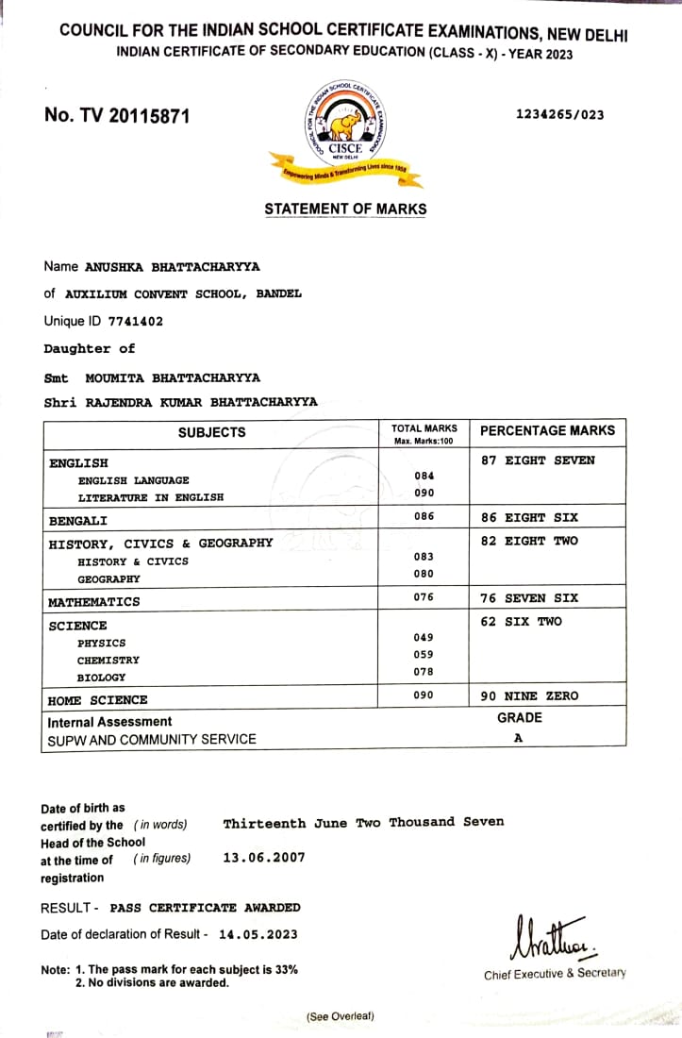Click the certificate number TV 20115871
click(x=117, y=116)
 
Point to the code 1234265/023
click(x=559, y=115)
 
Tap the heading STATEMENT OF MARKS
click(x=345, y=209)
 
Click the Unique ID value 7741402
click(x=135, y=322)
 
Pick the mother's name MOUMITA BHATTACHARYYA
click(x=173, y=377)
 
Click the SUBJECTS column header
click(x=211, y=432)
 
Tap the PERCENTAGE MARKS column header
click(x=547, y=431)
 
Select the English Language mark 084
click(x=424, y=476)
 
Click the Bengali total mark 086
click(x=424, y=516)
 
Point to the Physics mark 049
click(x=424, y=637)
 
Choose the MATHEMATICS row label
click(x=94, y=602)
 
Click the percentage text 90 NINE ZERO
click(x=529, y=695)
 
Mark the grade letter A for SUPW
click(x=518, y=739)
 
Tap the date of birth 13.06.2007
click(x=263, y=858)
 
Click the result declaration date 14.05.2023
click(x=258, y=934)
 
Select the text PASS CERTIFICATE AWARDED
click(x=206, y=908)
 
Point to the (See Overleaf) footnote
click(x=340, y=1016)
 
